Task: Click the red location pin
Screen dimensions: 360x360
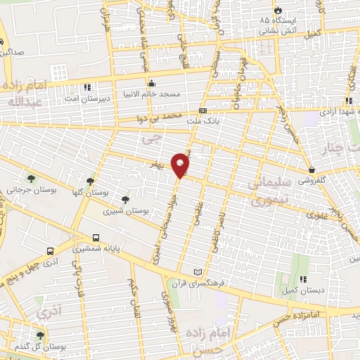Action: (x=181, y=165)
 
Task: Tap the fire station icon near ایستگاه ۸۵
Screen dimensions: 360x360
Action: (x=279, y=11)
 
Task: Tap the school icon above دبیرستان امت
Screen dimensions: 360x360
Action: (x=86, y=87)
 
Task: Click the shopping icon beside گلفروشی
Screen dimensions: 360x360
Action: (x=311, y=169)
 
